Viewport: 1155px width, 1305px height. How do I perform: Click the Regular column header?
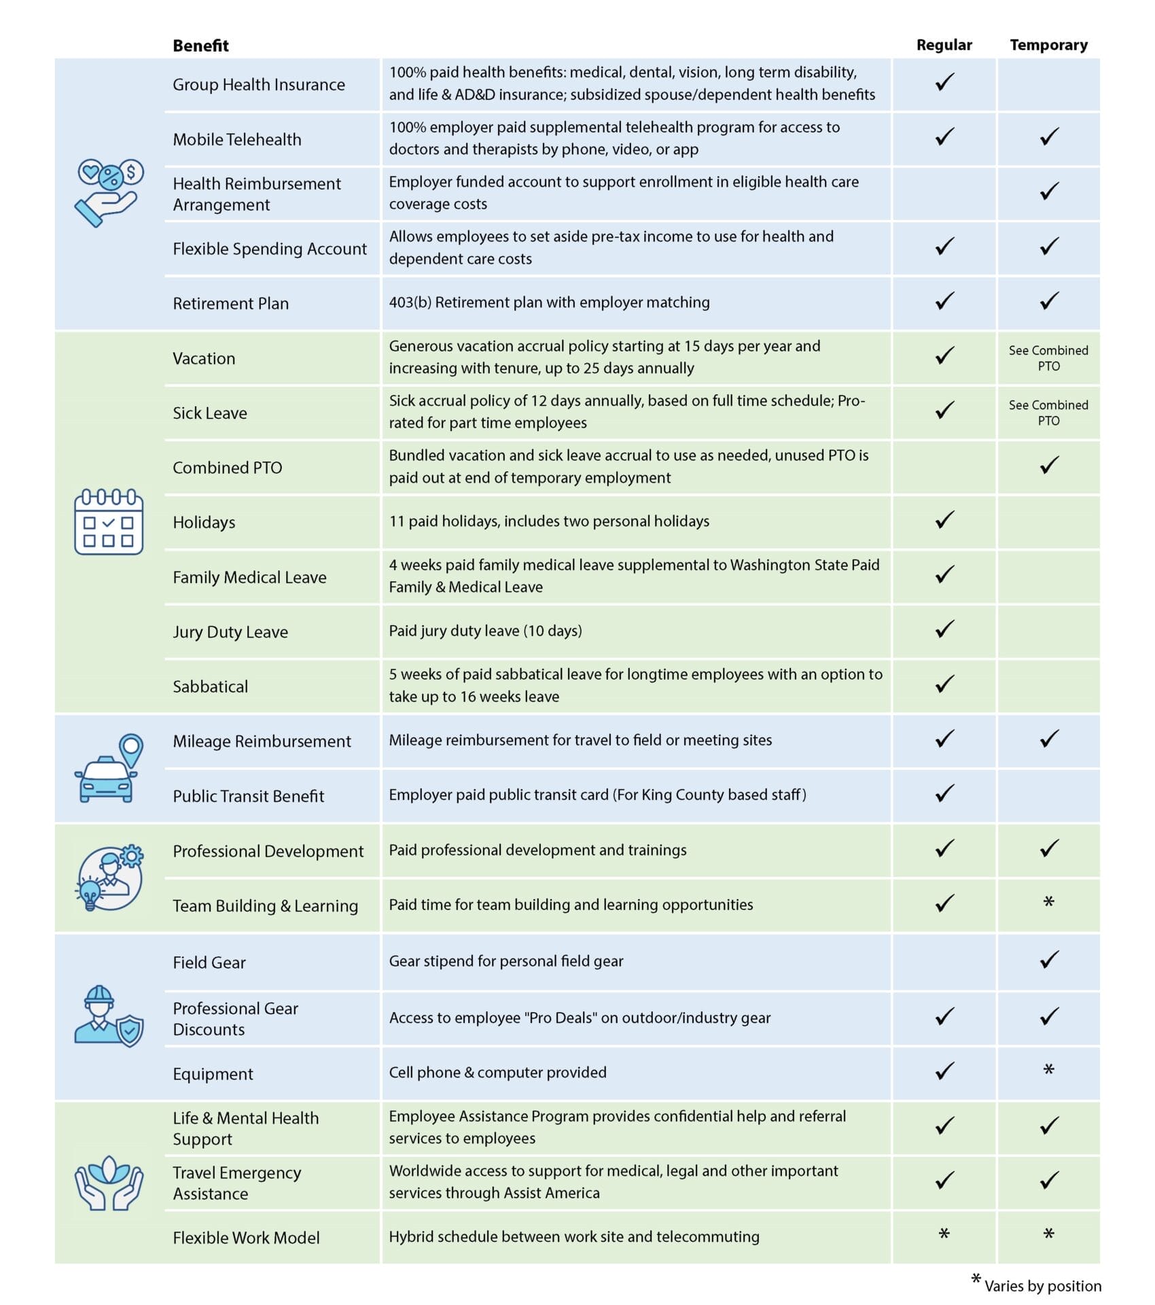[944, 45]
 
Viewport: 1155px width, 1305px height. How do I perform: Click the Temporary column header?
[1048, 45]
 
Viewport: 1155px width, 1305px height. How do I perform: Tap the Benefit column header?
[200, 46]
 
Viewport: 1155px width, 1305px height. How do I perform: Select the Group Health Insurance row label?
[258, 84]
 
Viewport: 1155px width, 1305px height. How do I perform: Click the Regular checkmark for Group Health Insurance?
[944, 82]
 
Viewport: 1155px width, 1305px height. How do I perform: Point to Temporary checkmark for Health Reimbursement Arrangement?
[1049, 192]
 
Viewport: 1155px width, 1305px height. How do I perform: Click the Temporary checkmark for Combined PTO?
[1049, 466]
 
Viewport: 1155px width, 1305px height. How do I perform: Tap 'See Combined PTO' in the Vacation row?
[1048, 358]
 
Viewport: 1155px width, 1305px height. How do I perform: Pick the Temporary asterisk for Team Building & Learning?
[1048, 903]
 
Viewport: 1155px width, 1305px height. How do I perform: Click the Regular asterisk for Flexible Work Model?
[944, 1234]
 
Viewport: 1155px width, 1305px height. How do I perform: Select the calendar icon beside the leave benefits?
[109, 521]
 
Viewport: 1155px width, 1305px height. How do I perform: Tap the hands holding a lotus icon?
[109, 1183]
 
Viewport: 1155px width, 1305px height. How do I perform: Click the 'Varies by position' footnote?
[1042, 1285]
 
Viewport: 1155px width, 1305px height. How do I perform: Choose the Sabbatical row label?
[210, 686]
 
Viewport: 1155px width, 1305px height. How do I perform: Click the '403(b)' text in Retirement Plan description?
[410, 302]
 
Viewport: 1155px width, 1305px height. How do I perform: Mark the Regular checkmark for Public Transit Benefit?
[944, 794]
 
